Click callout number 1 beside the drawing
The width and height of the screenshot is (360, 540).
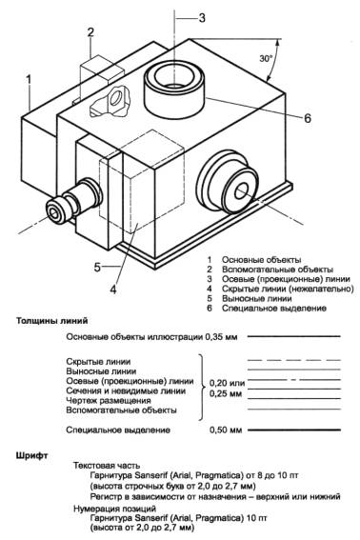coord(29,80)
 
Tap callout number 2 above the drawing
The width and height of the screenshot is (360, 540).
coord(90,32)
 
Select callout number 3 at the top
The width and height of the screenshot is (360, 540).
coord(202,17)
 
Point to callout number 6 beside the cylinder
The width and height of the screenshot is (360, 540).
coord(308,118)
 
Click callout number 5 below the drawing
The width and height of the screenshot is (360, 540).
coord(97,267)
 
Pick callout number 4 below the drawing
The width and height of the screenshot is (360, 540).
coord(113,290)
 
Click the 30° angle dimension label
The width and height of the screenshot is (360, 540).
coord(266,58)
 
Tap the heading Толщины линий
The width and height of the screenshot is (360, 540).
coord(52,321)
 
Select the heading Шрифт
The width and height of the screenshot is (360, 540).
coord(31,456)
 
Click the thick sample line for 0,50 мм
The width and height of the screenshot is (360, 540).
coord(294,430)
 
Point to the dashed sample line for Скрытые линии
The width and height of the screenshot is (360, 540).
coord(294,360)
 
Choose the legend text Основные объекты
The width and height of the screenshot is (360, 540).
coord(262,260)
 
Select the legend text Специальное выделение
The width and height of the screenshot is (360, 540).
coord(274,308)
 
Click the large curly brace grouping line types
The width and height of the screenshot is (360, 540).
coord(201,387)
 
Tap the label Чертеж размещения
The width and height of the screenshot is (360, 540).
coord(109,401)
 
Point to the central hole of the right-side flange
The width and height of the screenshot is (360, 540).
coord(242,190)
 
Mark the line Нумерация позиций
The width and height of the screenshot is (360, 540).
coord(114,509)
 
